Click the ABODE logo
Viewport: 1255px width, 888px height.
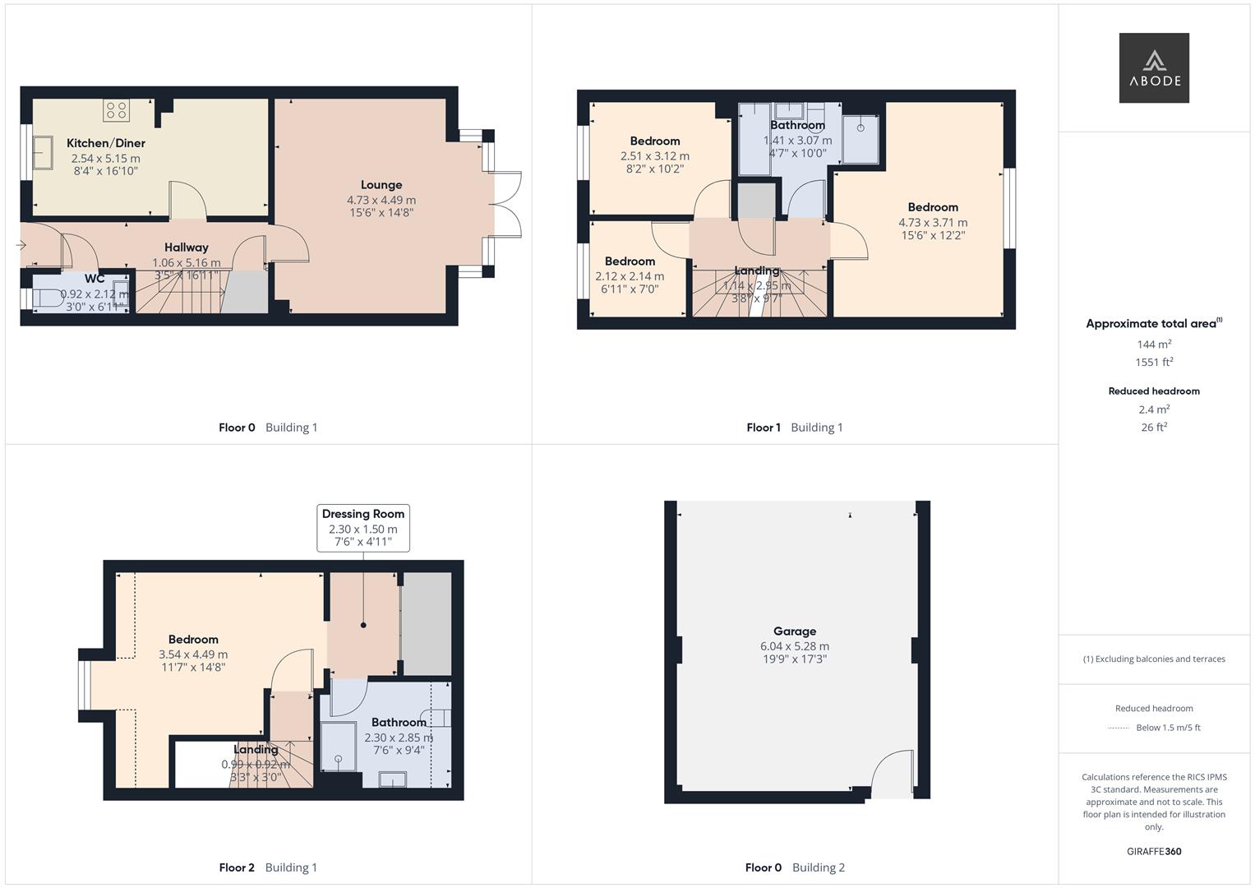pos(1154,67)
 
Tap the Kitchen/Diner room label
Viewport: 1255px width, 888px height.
pos(106,143)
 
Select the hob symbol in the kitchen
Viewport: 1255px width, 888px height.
pos(116,109)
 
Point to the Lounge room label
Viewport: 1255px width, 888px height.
pos(381,185)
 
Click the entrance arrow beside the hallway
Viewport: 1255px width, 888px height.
pos(21,245)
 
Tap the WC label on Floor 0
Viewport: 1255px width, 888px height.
pos(95,279)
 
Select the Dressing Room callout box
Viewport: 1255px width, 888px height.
pos(363,527)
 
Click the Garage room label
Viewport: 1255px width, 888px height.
pos(795,631)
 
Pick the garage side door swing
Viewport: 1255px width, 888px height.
pos(892,774)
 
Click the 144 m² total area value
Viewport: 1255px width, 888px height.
pos(1154,345)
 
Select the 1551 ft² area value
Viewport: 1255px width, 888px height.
pos(1154,363)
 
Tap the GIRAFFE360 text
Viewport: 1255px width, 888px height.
pos(1154,852)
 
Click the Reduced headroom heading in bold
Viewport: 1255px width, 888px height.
pos(1154,391)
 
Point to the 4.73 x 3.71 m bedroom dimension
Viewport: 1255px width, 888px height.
pos(933,222)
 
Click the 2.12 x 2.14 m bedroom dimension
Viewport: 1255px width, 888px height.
pos(630,276)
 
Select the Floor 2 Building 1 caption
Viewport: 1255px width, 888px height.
pos(268,867)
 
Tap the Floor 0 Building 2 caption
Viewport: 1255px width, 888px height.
pos(795,867)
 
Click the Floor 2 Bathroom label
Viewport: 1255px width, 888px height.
pos(399,723)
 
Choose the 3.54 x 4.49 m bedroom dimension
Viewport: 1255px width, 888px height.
pos(193,654)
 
